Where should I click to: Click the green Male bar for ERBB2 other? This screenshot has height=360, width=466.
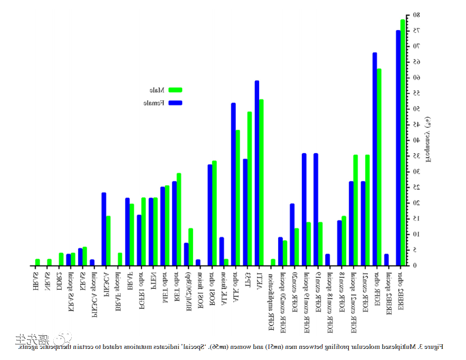[403, 143]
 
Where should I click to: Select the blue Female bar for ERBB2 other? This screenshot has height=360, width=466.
[398, 148]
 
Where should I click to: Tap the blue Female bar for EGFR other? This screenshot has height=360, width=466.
[374, 158]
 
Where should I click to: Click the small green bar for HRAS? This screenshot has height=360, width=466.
[37, 262]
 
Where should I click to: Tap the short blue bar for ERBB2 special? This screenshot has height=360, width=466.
[386, 260]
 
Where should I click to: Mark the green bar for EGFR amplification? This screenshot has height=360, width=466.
[273, 262]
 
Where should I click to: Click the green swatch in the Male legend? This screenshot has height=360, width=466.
[175, 90]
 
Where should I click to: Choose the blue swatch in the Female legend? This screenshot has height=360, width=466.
[175, 102]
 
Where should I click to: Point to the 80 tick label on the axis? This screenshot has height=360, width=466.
[416, 15]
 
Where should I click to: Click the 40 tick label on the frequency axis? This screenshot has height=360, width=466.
[416, 140]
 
